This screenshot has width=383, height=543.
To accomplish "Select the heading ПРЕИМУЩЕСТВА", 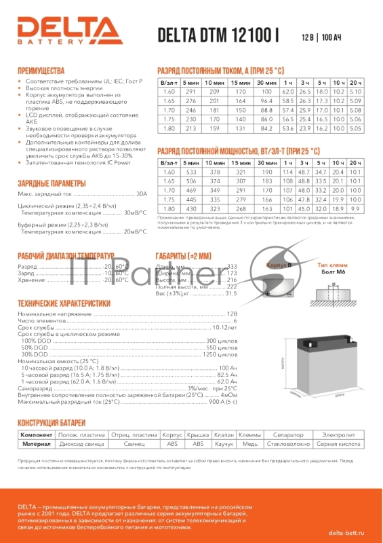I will tap(41, 70).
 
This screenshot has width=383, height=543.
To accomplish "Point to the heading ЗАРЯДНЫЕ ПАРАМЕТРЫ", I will tap(52, 184).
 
